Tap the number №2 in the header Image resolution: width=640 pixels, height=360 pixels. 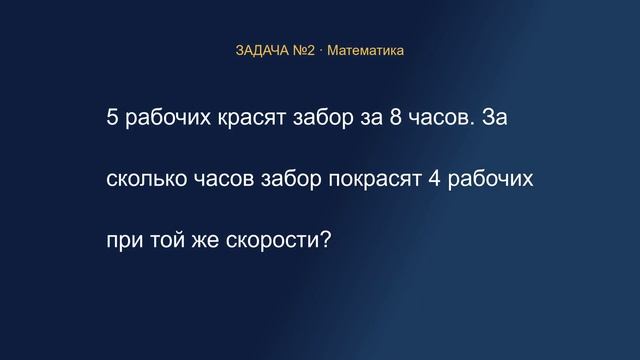click(x=304, y=51)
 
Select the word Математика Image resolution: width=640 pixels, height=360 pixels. click(x=365, y=51)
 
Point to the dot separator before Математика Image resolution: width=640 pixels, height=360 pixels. click(x=321, y=51)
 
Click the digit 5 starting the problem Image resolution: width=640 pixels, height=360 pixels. click(x=112, y=117)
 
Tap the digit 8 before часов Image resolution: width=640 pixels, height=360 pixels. click(x=396, y=117)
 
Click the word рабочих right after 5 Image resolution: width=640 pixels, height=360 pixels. click(x=168, y=118)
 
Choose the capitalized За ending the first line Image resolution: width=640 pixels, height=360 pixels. click(x=495, y=117)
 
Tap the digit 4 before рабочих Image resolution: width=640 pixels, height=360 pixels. click(x=434, y=178)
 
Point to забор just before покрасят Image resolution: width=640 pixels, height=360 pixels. click(x=291, y=178)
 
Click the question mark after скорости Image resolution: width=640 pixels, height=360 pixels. click(x=326, y=239)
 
